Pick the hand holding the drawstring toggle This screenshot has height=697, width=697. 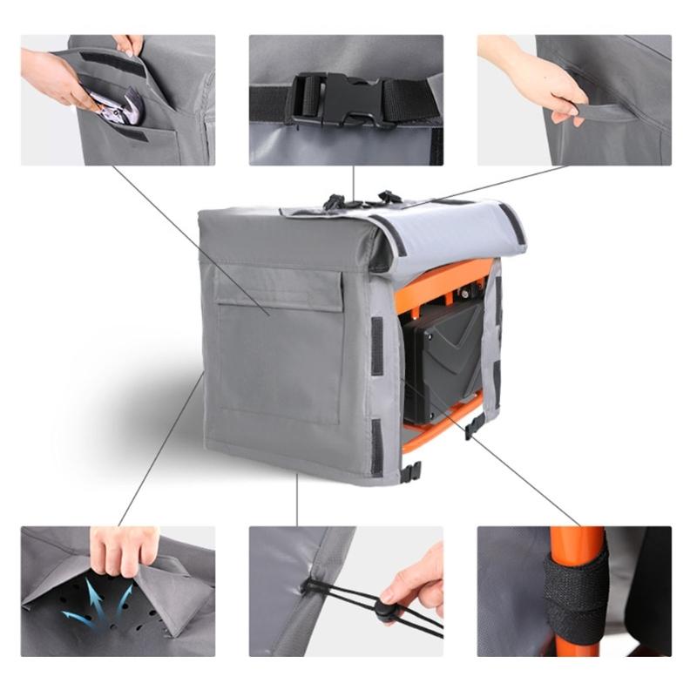tap(416, 580)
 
